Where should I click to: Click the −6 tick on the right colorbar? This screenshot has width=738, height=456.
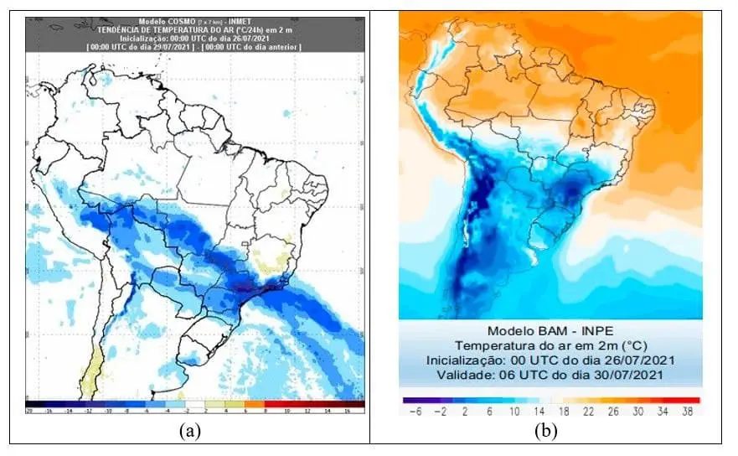tap(413, 412)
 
